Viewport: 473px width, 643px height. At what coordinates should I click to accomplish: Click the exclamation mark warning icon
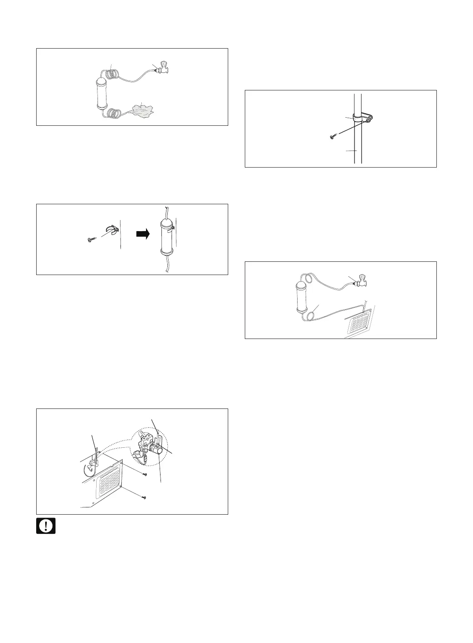[46, 526]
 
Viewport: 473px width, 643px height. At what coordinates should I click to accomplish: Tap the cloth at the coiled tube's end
[142, 110]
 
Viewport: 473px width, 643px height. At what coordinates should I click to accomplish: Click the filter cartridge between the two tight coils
[103, 93]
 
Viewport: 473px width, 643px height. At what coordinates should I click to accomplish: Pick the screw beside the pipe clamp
[333, 137]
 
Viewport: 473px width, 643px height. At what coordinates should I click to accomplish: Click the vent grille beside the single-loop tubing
[360, 321]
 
